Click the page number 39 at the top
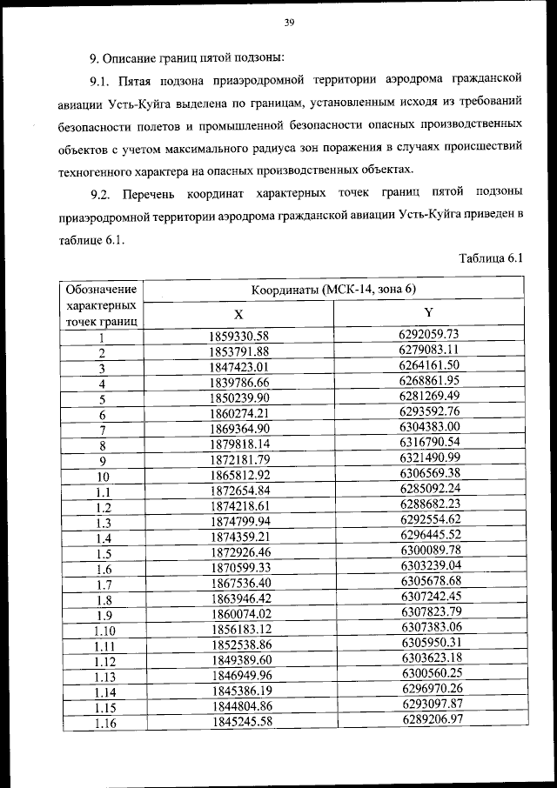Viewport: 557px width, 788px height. point(289,23)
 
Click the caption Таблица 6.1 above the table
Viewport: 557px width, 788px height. point(489,258)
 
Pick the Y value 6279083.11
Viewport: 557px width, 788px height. point(429,351)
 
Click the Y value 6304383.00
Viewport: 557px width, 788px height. point(429,428)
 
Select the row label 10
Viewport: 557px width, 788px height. point(103,477)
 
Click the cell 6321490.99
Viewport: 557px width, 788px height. point(429,458)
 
